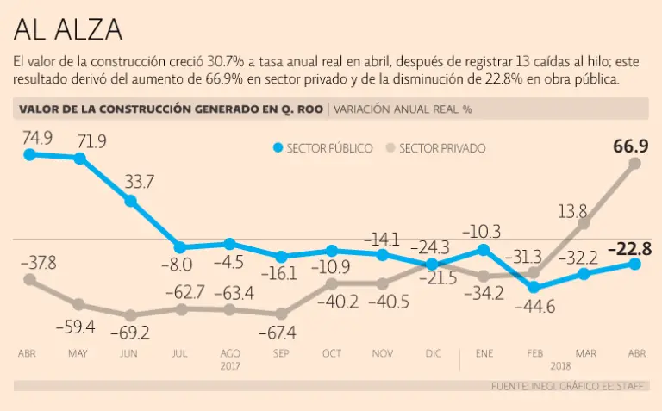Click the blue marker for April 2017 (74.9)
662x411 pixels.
point(30,154)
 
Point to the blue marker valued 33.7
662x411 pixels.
point(131,201)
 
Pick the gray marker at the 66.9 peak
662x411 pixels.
point(635,164)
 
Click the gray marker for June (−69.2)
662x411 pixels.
point(131,315)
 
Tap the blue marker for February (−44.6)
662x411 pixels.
point(534,287)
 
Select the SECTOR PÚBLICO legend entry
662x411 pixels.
point(322,148)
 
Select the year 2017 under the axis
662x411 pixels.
point(230,365)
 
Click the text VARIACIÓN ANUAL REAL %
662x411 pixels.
point(402,109)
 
